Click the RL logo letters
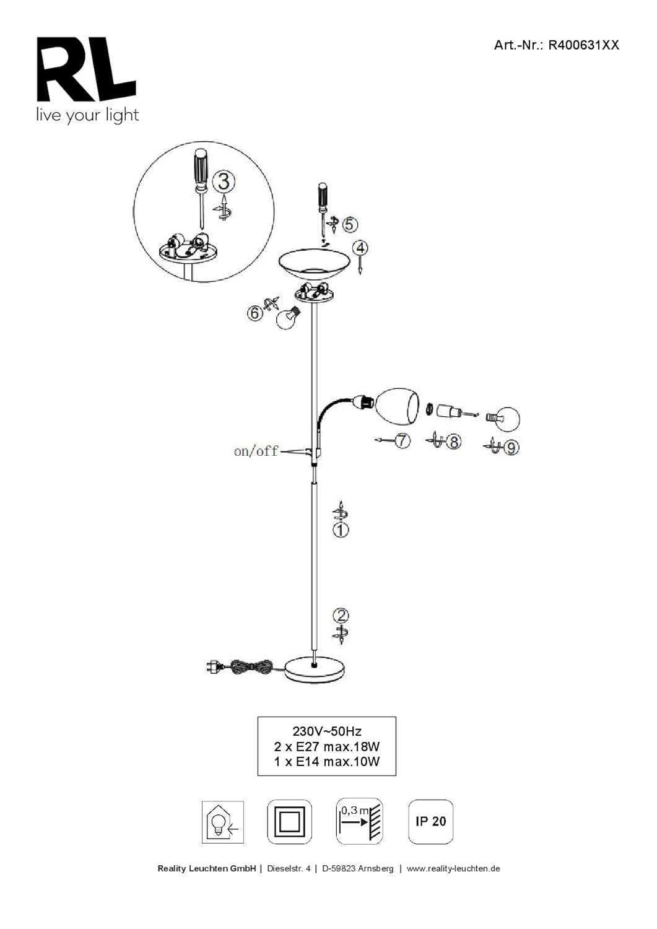(x=86, y=69)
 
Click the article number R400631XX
(x=583, y=45)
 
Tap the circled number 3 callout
(x=224, y=182)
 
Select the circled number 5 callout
(x=349, y=224)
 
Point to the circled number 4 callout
(x=360, y=248)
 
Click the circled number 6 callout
(x=255, y=313)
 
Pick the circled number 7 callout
(x=402, y=440)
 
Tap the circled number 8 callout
(x=453, y=442)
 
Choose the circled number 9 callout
(x=511, y=448)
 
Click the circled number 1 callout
(x=341, y=530)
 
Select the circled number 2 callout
(x=341, y=616)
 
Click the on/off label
(x=256, y=451)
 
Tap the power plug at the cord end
(x=215, y=667)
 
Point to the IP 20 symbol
(x=430, y=822)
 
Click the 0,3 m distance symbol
(x=359, y=821)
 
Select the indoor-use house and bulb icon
(x=223, y=822)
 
